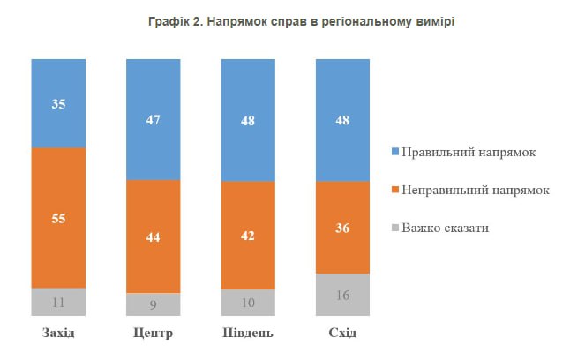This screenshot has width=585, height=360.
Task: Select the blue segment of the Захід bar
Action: point(58,102)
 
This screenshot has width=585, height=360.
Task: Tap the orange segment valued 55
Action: point(58,217)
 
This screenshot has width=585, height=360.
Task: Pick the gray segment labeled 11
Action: point(58,301)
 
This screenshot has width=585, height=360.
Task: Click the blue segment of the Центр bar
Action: point(154,119)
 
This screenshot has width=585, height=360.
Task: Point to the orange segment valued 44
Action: point(154,236)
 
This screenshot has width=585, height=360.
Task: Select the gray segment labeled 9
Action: point(154,304)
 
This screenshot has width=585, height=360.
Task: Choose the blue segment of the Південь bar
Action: point(248,120)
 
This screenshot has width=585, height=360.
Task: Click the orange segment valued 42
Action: point(248,236)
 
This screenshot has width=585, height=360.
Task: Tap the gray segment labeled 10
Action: point(248,302)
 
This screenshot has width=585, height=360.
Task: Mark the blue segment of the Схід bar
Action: point(342,120)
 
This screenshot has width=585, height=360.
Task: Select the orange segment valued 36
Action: point(342,228)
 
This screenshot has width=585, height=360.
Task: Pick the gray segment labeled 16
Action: point(342,294)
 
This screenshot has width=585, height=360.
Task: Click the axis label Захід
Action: point(58,333)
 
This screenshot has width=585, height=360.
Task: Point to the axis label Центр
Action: point(154,333)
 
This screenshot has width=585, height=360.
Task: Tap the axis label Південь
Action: point(248,333)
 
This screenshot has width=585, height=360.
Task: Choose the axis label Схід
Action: point(342,333)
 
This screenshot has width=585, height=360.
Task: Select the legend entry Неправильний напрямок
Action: point(475,190)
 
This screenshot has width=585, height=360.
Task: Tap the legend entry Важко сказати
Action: point(445,228)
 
